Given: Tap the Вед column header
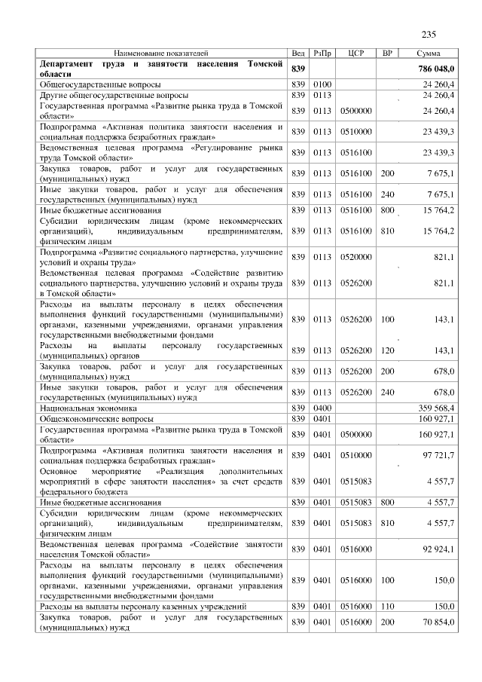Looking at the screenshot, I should click(298, 54).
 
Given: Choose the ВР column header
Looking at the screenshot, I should click(387, 54).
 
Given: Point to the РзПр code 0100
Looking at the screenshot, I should click(322, 85).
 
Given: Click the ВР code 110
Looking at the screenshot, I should click(387, 606).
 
